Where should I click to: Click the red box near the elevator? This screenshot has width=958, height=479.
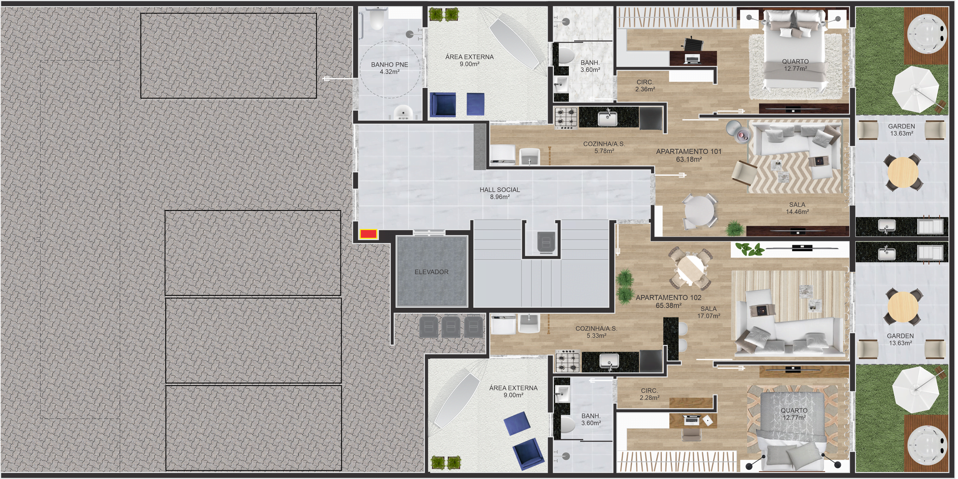368,234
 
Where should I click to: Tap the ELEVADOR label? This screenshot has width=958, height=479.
432,272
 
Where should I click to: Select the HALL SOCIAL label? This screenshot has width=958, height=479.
500,190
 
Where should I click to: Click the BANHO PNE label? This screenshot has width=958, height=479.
389,65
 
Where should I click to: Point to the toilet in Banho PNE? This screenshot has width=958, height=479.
377,19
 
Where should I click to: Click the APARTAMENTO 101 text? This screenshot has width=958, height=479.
688,152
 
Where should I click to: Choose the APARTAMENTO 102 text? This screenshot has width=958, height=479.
668,298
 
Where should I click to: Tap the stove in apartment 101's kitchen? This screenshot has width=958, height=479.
567,118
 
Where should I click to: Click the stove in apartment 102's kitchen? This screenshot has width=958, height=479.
567,362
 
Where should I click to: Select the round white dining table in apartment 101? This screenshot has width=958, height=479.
699,211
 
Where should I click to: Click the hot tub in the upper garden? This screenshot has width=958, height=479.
926,34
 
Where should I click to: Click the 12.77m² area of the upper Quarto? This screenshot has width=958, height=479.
795,69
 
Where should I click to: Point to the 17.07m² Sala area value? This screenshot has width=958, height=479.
708,316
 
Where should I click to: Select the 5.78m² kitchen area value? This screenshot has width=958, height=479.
604,151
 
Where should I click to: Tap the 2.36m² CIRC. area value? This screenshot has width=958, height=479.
645,89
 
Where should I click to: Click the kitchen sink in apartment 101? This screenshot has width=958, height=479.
607,118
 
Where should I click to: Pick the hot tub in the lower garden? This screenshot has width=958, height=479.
927,445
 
